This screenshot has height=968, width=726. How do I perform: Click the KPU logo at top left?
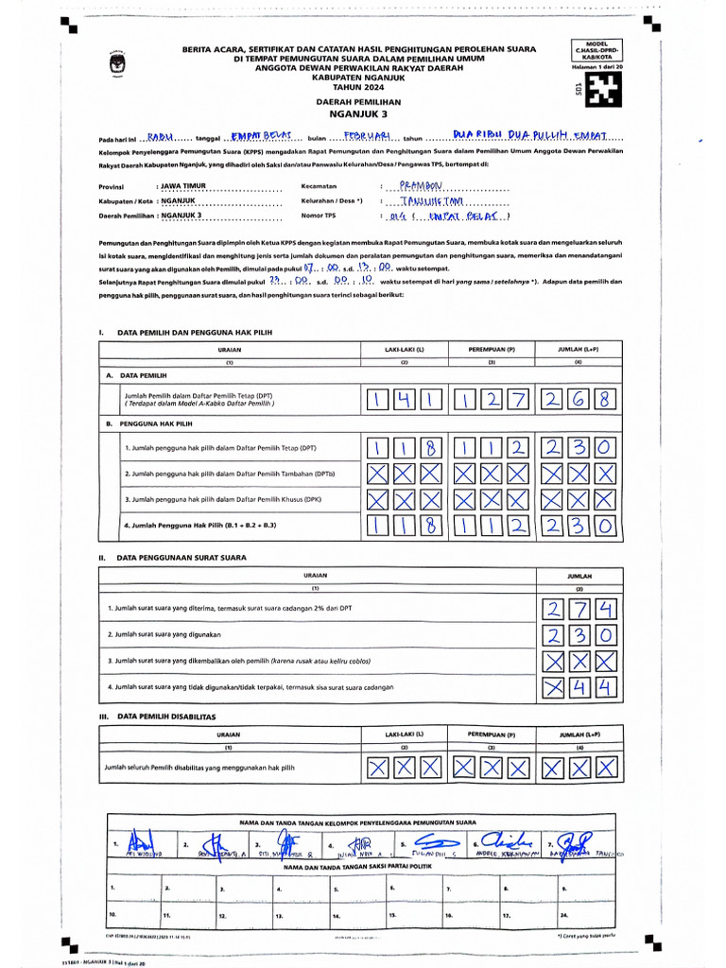pos(119,67)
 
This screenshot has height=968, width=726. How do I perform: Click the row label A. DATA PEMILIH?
pos(137,375)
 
